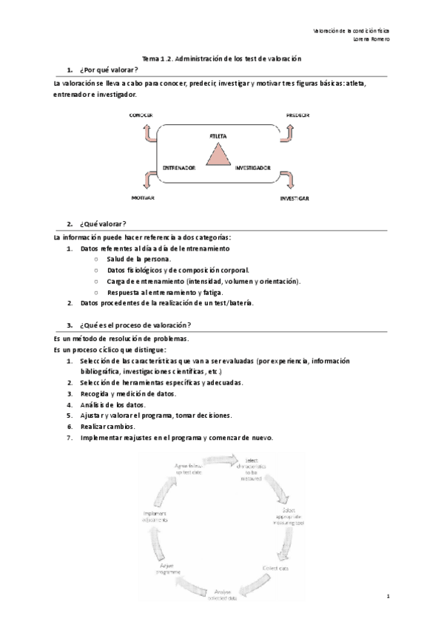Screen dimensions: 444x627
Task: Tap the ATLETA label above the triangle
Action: (218, 137)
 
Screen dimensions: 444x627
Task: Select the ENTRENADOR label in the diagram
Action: (179, 169)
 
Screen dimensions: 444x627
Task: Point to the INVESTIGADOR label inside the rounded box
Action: (253, 169)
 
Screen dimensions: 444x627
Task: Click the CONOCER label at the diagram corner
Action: (141, 115)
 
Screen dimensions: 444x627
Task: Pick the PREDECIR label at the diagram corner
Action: (297, 115)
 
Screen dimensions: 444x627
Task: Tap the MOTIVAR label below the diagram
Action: (142, 199)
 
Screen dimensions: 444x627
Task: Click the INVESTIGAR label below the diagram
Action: (295, 200)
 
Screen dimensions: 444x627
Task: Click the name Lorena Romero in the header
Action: (372, 39)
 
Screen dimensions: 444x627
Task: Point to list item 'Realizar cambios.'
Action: (107, 427)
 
